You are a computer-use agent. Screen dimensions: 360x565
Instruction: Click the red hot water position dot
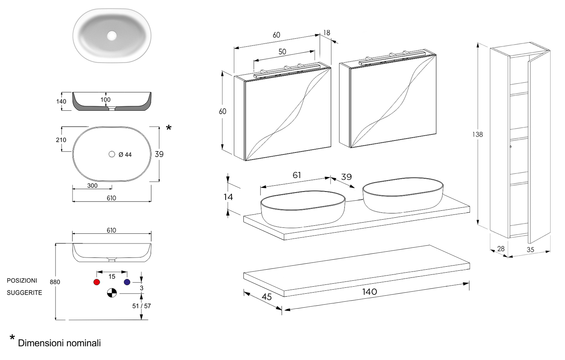97,282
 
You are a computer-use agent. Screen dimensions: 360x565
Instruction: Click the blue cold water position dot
127,282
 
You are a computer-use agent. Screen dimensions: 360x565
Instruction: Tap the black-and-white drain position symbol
112,293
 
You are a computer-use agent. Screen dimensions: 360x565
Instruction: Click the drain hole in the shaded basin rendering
112,36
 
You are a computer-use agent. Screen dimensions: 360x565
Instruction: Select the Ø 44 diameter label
125,155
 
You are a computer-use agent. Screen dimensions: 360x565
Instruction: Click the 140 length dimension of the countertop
369,292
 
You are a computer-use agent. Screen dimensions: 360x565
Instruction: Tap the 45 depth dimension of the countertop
267,297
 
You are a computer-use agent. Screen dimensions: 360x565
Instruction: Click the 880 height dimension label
55,282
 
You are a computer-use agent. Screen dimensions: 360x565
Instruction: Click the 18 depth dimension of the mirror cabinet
326,33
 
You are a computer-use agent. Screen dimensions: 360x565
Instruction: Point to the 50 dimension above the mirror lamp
282,52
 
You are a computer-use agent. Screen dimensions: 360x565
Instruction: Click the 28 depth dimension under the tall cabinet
501,249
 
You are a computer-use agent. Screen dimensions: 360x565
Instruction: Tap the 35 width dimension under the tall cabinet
530,250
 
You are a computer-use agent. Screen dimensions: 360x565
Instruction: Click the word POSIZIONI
22,281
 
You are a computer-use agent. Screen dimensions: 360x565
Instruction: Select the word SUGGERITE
24,293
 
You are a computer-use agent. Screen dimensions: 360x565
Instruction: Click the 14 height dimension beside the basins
229,197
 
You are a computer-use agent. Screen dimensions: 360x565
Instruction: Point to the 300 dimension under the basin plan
92,186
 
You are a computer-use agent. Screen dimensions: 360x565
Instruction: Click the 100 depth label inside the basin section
106,100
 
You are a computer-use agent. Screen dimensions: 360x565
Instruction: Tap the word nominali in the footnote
83,343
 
